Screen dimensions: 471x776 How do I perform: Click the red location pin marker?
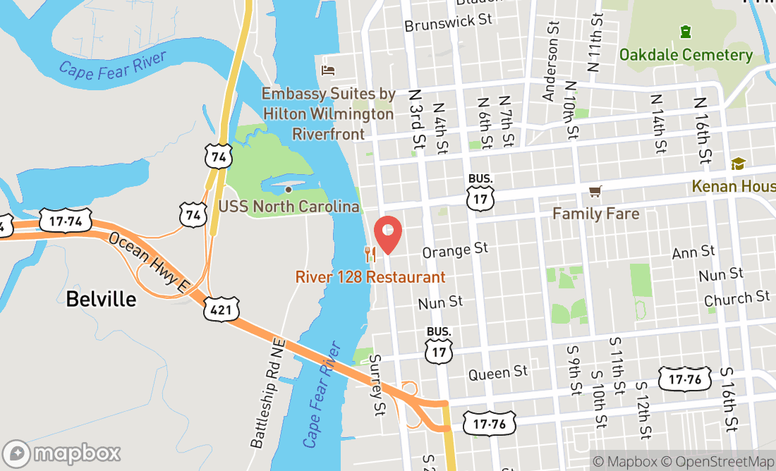pyautogui.click(x=387, y=234)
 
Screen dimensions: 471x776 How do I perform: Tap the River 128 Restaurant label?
pyautogui.click(x=370, y=277)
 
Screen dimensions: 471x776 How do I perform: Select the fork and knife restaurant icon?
pyautogui.click(x=368, y=252)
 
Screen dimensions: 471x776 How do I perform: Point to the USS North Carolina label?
pyautogui.click(x=289, y=207)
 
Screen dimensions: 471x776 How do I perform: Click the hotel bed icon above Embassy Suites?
pyautogui.click(x=328, y=70)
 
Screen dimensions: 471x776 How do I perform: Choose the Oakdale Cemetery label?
pyautogui.click(x=686, y=55)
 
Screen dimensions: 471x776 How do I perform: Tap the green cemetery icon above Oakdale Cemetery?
pyautogui.click(x=685, y=32)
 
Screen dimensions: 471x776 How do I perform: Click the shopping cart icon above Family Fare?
pyautogui.click(x=595, y=191)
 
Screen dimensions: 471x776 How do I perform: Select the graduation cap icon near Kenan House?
pyautogui.click(x=738, y=164)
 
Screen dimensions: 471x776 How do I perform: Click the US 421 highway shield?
pyautogui.click(x=223, y=309)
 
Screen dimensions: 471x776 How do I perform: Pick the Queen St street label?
pyautogui.click(x=497, y=372)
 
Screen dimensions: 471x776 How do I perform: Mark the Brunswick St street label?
pyautogui.click(x=448, y=20)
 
